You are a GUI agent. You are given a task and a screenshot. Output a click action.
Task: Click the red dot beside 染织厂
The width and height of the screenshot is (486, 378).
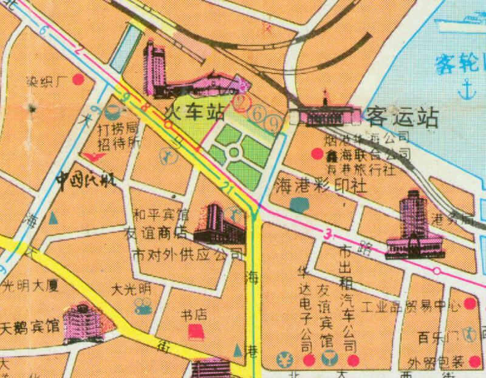(78, 80)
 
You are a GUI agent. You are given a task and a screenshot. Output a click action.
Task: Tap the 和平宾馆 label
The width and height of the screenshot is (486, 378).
(161, 214)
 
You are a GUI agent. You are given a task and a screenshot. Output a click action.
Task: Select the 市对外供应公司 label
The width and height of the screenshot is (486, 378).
(187, 255)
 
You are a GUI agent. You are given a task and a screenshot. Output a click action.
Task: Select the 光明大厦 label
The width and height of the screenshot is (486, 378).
(29, 284)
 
